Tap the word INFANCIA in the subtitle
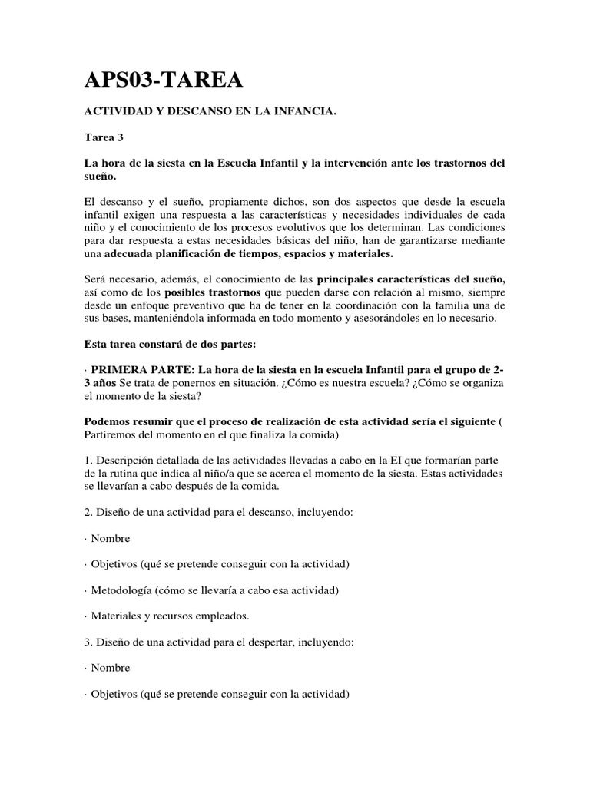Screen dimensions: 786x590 tap(301, 112)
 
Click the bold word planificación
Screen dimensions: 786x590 tap(189, 253)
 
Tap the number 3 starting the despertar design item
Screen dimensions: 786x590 tap(88, 642)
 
